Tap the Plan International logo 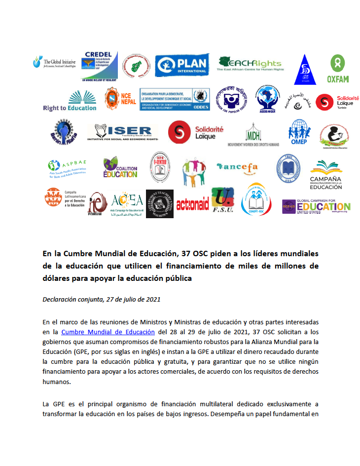(182, 65)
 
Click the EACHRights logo (250, 64)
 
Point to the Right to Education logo (70, 101)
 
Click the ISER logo (123, 132)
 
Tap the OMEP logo (300, 132)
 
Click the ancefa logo (237, 167)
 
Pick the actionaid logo (192, 204)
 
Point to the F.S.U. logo (223, 201)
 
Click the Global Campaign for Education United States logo (316, 206)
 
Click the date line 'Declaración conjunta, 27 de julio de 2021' (101, 299)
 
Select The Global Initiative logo (53, 63)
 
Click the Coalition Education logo (120, 168)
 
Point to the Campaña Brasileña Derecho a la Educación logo (325, 175)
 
